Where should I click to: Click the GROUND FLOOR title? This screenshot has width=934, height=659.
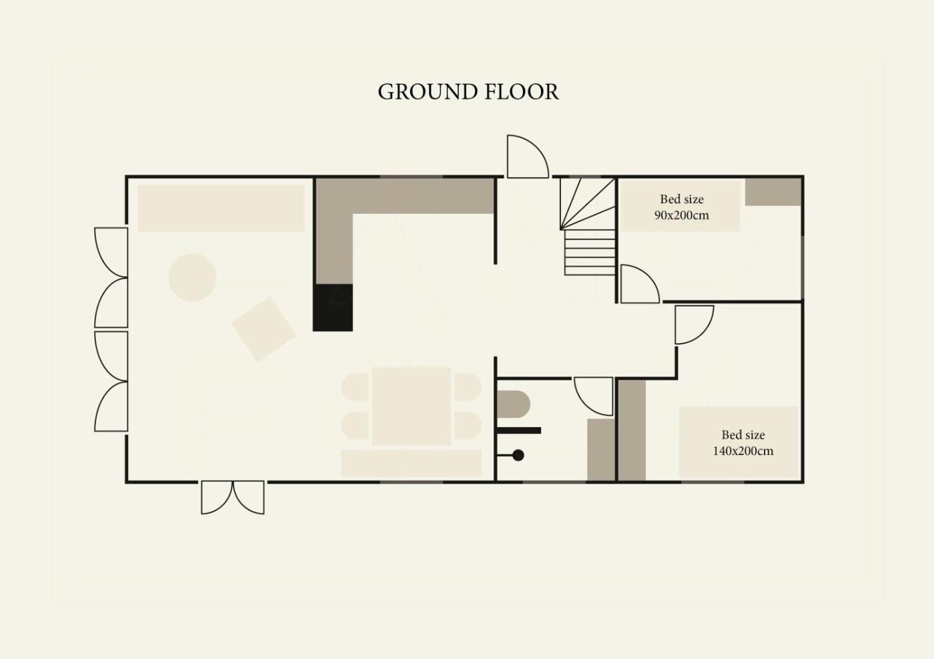pyautogui.click(x=468, y=92)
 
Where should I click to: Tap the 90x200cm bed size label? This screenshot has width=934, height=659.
pyautogui.click(x=681, y=207)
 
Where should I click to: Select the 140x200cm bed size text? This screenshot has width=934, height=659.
pyautogui.click(x=743, y=443)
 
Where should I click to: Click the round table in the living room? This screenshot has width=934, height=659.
pyautogui.click(x=192, y=277)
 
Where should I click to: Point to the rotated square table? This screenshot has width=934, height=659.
pyautogui.click(x=264, y=329)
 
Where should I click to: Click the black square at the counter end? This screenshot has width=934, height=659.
pyautogui.click(x=333, y=308)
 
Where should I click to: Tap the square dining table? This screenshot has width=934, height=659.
pyautogui.click(x=411, y=406)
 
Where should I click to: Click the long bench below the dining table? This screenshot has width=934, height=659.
pyautogui.click(x=412, y=463)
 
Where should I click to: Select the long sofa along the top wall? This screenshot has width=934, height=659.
pyautogui.click(x=221, y=209)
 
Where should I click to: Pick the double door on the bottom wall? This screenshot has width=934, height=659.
pyautogui.click(x=233, y=497)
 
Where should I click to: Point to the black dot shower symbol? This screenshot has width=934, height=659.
pyautogui.click(x=518, y=455)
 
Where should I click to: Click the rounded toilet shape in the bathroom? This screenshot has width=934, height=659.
pyautogui.click(x=513, y=404)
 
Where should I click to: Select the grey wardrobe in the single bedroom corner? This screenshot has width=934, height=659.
pyautogui.click(x=773, y=192)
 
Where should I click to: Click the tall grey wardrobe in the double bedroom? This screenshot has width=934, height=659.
pyautogui.click(x=632, y=430)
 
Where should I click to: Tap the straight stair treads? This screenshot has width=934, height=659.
pyautogui.click(x=590, y=253)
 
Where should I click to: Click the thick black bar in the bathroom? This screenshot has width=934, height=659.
pyautogui.click(x=519, y=430)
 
